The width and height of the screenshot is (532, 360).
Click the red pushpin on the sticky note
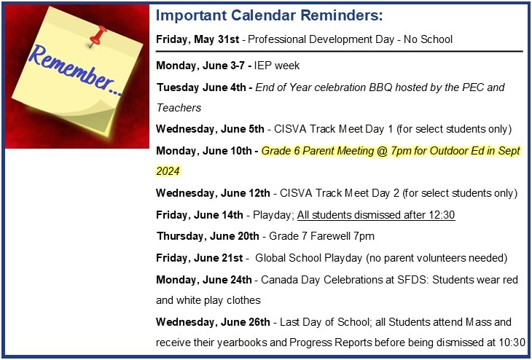(98, 36)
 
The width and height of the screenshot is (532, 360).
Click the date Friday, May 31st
(197, 39)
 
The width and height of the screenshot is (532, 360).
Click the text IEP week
(276, 65)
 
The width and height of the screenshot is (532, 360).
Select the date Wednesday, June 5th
(210, 129)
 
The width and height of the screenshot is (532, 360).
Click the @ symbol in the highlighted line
(382, 151)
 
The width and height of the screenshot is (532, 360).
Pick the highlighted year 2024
(168, 171)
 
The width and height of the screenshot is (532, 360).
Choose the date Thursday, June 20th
(208, 236)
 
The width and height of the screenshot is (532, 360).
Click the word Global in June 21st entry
(270, 258)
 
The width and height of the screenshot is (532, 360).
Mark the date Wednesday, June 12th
(213, 193)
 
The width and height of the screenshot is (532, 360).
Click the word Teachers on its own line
(179, 108)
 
